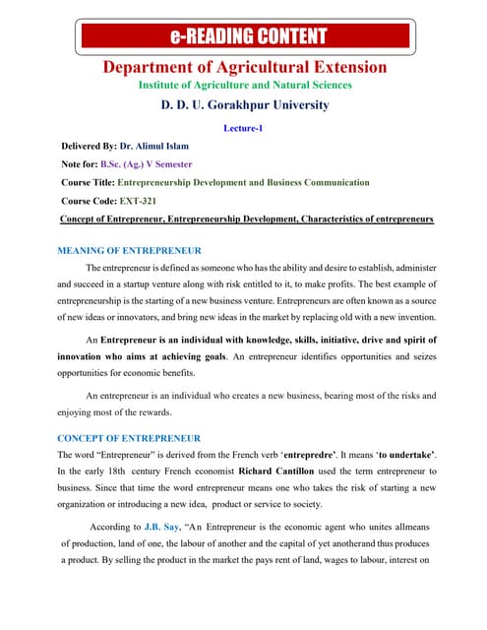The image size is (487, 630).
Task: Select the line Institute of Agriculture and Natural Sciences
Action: (244, 86)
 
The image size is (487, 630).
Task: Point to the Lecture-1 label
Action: (244, 128)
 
